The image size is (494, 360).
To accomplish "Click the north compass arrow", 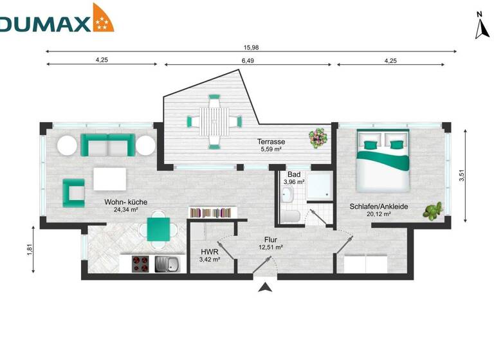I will (479, 30).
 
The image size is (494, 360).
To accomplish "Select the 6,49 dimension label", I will (248, 60).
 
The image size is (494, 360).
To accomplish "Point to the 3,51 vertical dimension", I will (461, 174).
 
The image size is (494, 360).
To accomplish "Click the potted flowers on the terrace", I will (317, 136).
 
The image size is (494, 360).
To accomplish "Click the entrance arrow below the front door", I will (264, 289).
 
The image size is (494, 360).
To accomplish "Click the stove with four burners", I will (141, 264).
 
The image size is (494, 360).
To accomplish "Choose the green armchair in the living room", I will (73, 192).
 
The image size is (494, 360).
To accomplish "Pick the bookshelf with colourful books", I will (212, 212).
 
